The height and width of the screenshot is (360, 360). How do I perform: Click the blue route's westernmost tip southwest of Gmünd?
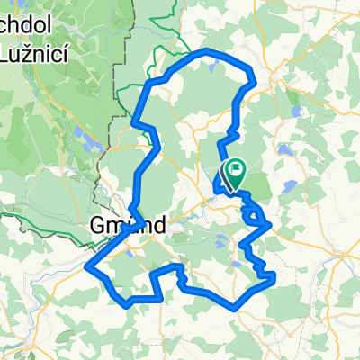click(87, 266)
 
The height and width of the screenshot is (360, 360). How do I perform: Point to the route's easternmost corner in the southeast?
click(273, 282)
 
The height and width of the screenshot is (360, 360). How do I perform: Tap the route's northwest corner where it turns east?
click(148, 84)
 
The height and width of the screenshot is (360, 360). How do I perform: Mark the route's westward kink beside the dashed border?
click(133, 121)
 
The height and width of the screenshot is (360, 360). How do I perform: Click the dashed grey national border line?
click(117, 72)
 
